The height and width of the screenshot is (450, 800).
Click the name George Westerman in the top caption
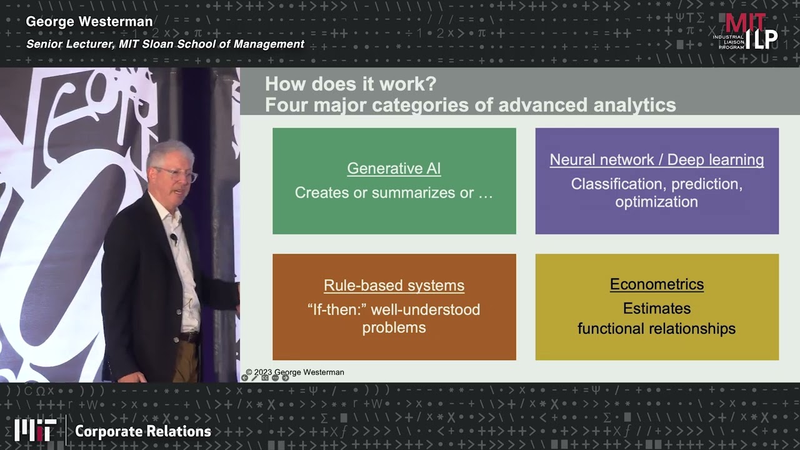89,22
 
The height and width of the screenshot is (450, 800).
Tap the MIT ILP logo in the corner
747,31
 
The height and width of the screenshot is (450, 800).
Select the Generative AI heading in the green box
394,168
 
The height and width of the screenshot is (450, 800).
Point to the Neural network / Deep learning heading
656,159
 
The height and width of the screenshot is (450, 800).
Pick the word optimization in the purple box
656,202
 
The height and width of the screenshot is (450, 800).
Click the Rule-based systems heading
394,286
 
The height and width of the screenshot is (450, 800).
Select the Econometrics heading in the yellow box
656,284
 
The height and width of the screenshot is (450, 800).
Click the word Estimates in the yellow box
656,308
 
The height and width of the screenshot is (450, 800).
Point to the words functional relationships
656,328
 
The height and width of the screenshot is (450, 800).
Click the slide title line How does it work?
351,84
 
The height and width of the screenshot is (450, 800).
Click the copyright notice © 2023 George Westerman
295,372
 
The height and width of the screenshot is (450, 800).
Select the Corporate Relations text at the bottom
143,431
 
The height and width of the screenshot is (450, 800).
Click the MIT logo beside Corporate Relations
35,430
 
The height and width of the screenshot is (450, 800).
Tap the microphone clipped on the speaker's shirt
174,238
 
